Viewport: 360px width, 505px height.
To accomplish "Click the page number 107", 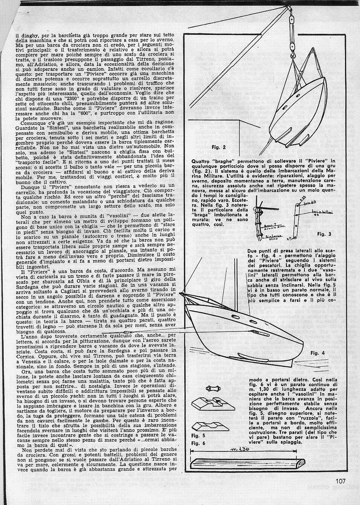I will coord(340,481).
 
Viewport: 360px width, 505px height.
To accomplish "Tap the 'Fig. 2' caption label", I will coord(219,147).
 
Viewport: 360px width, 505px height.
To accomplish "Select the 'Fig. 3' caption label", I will coord(324,234).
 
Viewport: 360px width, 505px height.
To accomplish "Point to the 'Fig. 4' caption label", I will coord(318,353).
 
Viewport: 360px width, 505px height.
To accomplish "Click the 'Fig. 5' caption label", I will coord(198,436).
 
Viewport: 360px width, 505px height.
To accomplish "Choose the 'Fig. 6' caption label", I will coord(198,443).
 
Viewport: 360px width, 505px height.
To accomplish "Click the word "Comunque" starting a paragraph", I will coord(34,122).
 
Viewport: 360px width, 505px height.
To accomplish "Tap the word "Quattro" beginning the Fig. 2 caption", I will coord(202,161).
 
